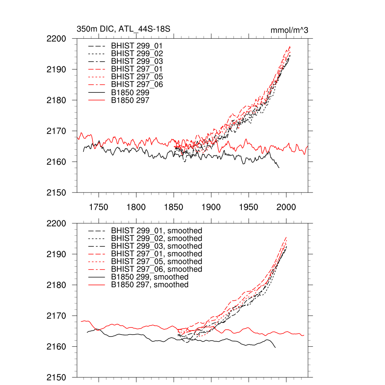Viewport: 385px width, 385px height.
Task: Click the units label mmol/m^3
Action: click(x=289, y=30)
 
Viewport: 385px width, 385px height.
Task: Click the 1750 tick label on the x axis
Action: click(x=99, y=207)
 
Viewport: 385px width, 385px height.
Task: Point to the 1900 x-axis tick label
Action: click(x=211, y=207)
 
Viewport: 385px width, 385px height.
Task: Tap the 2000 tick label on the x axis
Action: click(x=286, y=207)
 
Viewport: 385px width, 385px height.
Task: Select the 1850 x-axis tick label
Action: click(x=174, y=207)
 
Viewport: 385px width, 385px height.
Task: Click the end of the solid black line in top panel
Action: click(x=279, y=168)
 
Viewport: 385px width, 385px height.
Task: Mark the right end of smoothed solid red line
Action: click(x=304, y=335)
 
